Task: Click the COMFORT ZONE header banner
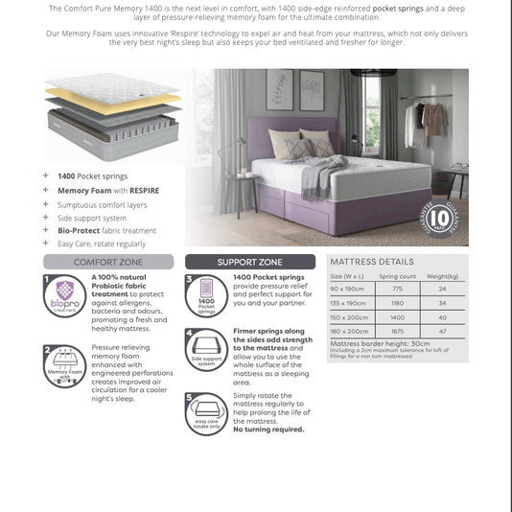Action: [x=108, y=261]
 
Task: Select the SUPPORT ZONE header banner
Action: [x=249, y=261]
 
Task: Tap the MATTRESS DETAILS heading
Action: [x=372, y=261]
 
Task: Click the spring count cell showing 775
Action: [x=397, y=289]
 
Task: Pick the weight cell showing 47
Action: [x=442, y=330]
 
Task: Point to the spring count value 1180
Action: [x=397, y=302]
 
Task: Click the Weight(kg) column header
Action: [x=442, y=276]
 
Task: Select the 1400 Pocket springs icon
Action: [x=205, y=296]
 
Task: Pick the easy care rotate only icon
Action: [x=205, y=413]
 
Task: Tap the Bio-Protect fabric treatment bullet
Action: [x=106, y=230]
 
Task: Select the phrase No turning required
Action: [x=268, y=429]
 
